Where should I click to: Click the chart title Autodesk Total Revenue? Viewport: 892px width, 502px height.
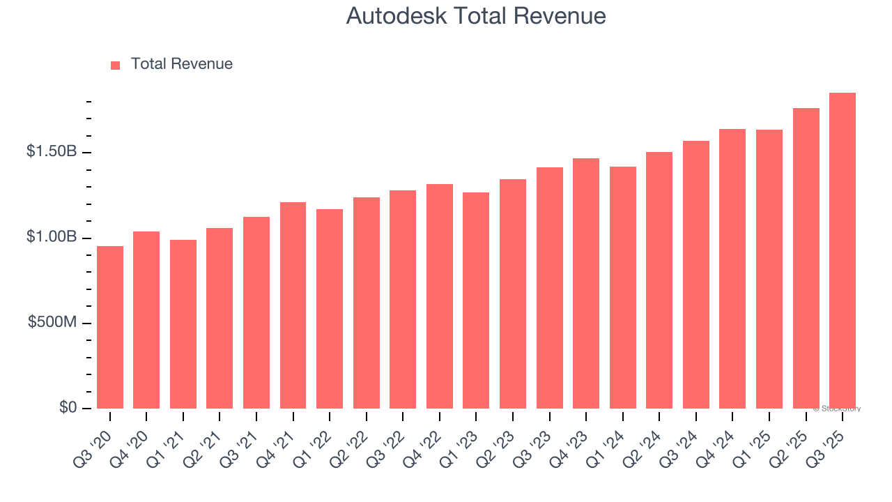pos(476,16)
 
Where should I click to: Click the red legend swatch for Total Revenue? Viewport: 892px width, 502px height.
pos(115,65)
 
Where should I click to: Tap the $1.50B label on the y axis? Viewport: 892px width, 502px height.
pos(52,151)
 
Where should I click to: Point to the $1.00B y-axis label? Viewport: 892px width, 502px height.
pos(52,237)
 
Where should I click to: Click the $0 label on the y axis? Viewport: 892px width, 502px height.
pos(68,407)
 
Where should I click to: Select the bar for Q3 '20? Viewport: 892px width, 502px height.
pos(110,328)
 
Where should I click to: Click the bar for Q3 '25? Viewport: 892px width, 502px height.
pos(843,251)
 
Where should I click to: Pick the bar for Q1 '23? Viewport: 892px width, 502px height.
pos(476,301)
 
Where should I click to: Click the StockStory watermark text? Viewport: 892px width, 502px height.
pos(837,409)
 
